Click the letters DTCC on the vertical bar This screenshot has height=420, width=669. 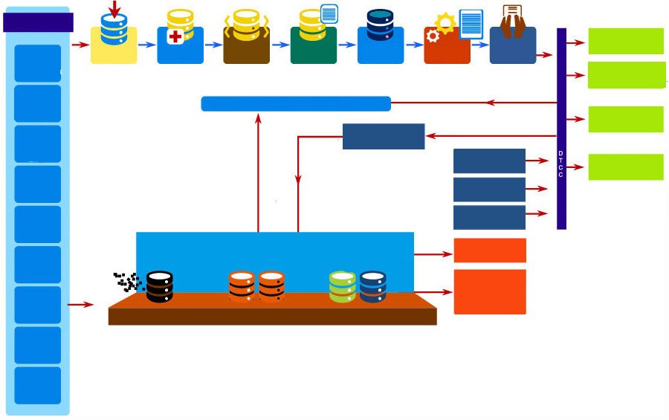[560, 164]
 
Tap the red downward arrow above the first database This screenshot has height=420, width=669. [114, 8]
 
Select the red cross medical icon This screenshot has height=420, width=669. [175, 36]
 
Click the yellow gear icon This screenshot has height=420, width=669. [445, 23]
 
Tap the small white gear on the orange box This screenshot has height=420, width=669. [433, 36]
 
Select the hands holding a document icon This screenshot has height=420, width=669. [512, 22]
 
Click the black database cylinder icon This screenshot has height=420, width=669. [160, 287]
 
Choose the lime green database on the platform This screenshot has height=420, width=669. [342, 287]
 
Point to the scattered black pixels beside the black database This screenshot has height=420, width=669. [128, 282]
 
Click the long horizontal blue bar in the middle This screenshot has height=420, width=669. [296, 104]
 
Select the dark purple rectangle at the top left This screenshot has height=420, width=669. [38, 22]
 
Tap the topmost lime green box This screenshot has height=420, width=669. [626, 41]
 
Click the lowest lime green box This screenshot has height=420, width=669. [626, 167]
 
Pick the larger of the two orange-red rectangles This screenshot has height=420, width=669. [490, 292]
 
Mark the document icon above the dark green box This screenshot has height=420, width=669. [329, 13]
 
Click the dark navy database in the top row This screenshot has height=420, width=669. [380, 25]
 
